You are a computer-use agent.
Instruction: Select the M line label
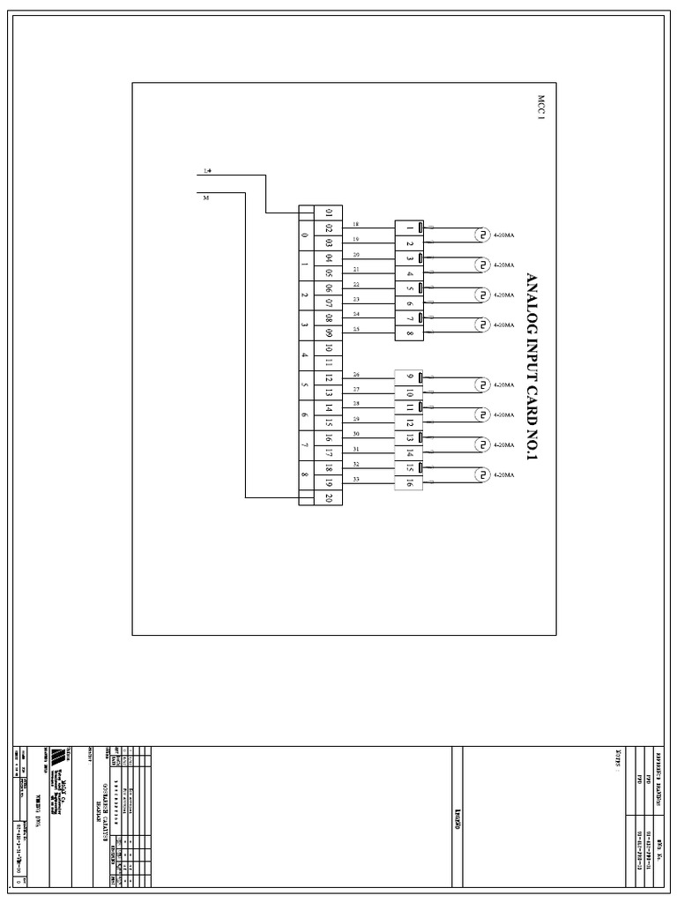206,198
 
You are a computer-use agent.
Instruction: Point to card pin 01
328,213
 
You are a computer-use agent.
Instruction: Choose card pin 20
328,498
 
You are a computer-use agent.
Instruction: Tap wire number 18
355,224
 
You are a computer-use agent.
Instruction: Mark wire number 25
355,329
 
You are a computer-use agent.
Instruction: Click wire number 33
355,479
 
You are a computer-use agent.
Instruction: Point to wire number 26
355,374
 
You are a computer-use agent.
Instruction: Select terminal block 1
410,228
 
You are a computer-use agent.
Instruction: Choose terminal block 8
410,333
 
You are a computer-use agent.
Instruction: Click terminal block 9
410,377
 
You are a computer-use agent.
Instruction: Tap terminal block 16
410,483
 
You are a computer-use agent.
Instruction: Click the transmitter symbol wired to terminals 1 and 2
481,235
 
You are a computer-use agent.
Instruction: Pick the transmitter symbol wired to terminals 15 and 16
481,474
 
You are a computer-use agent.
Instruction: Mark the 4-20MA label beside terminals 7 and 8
504,325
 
